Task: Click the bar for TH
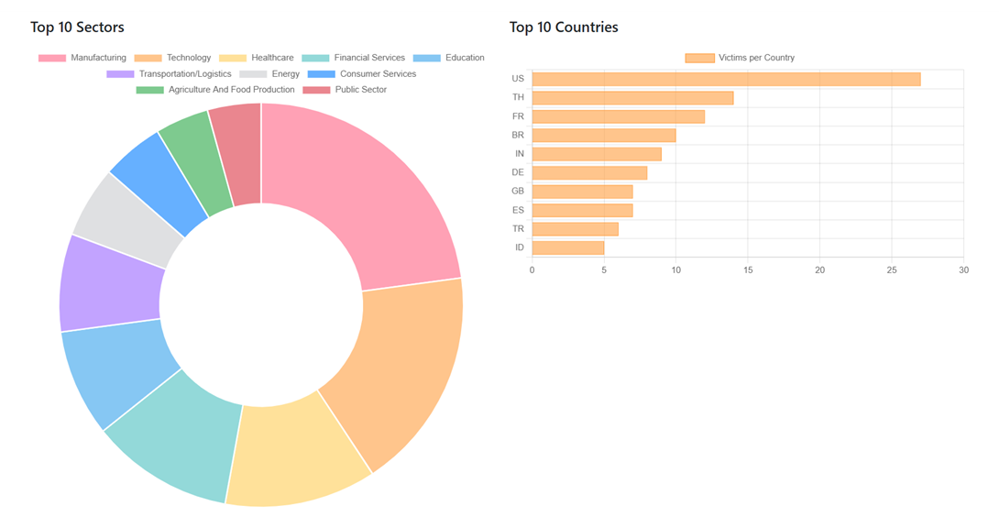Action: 632,97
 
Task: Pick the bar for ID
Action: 568,247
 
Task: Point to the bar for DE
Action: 589,172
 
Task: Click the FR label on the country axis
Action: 518,116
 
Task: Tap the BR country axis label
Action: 518,135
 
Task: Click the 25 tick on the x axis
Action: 892,269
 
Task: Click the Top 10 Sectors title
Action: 77,27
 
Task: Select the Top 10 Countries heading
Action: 564,27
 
